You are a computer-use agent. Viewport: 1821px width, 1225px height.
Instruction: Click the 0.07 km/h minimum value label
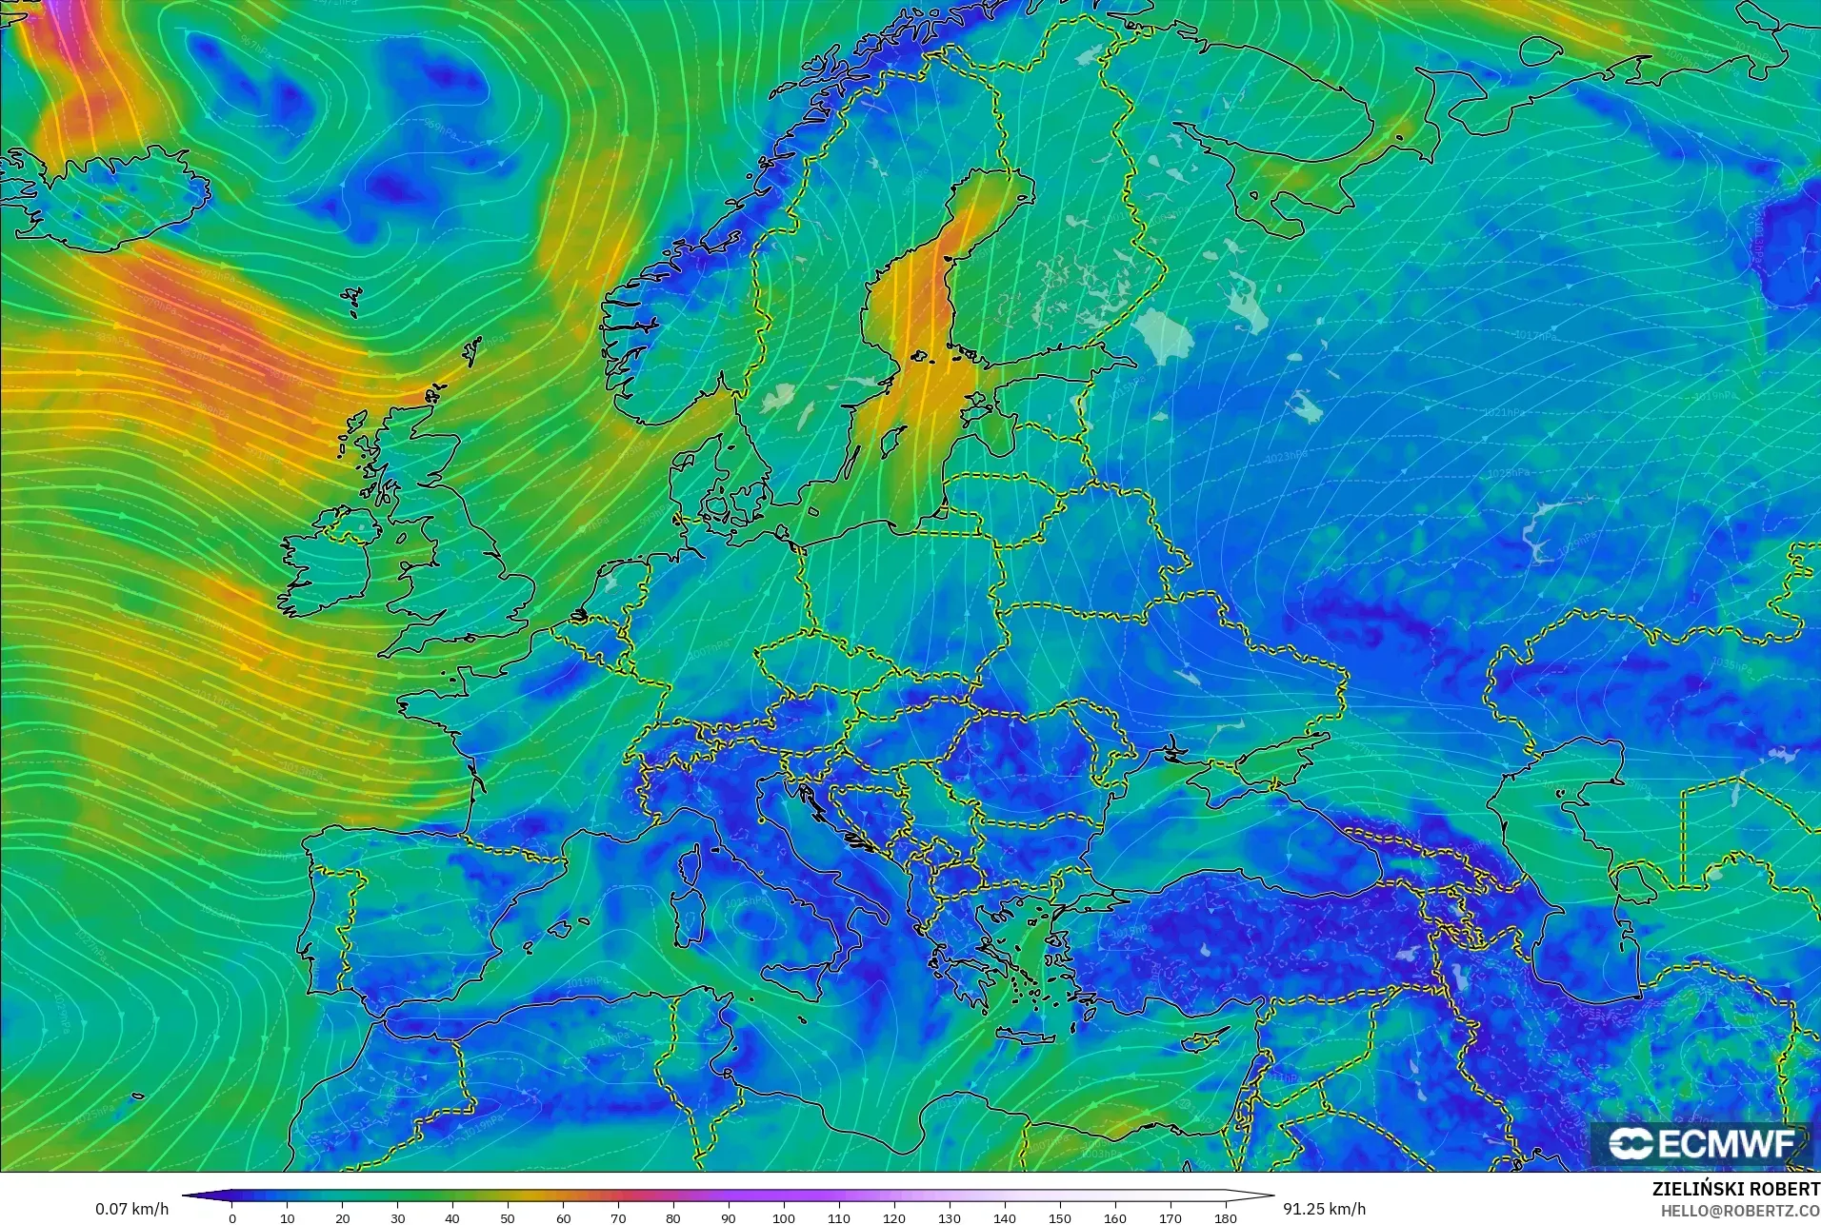coord(131,1209)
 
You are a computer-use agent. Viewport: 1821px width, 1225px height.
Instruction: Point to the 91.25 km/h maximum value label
coord(1324,1209)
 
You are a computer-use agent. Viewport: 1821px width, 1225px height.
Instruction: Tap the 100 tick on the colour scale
coord(783,1217)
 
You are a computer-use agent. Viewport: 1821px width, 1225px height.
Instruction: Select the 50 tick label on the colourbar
coord(508,1217)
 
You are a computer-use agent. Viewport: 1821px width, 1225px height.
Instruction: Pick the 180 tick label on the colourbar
coord(1225,1217)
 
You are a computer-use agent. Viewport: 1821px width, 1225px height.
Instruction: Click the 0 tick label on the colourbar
coord(232,1217)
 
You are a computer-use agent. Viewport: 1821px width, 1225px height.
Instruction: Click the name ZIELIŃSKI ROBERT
coord(1735,1190)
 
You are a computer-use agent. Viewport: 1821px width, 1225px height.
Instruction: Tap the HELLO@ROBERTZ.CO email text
coord(1740,1211)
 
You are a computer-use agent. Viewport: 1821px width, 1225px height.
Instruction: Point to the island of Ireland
coord(329,566)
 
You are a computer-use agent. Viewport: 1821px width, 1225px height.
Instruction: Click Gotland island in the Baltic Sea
coord(892,440)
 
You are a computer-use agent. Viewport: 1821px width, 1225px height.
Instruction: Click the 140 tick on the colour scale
coord(1004,1217)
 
